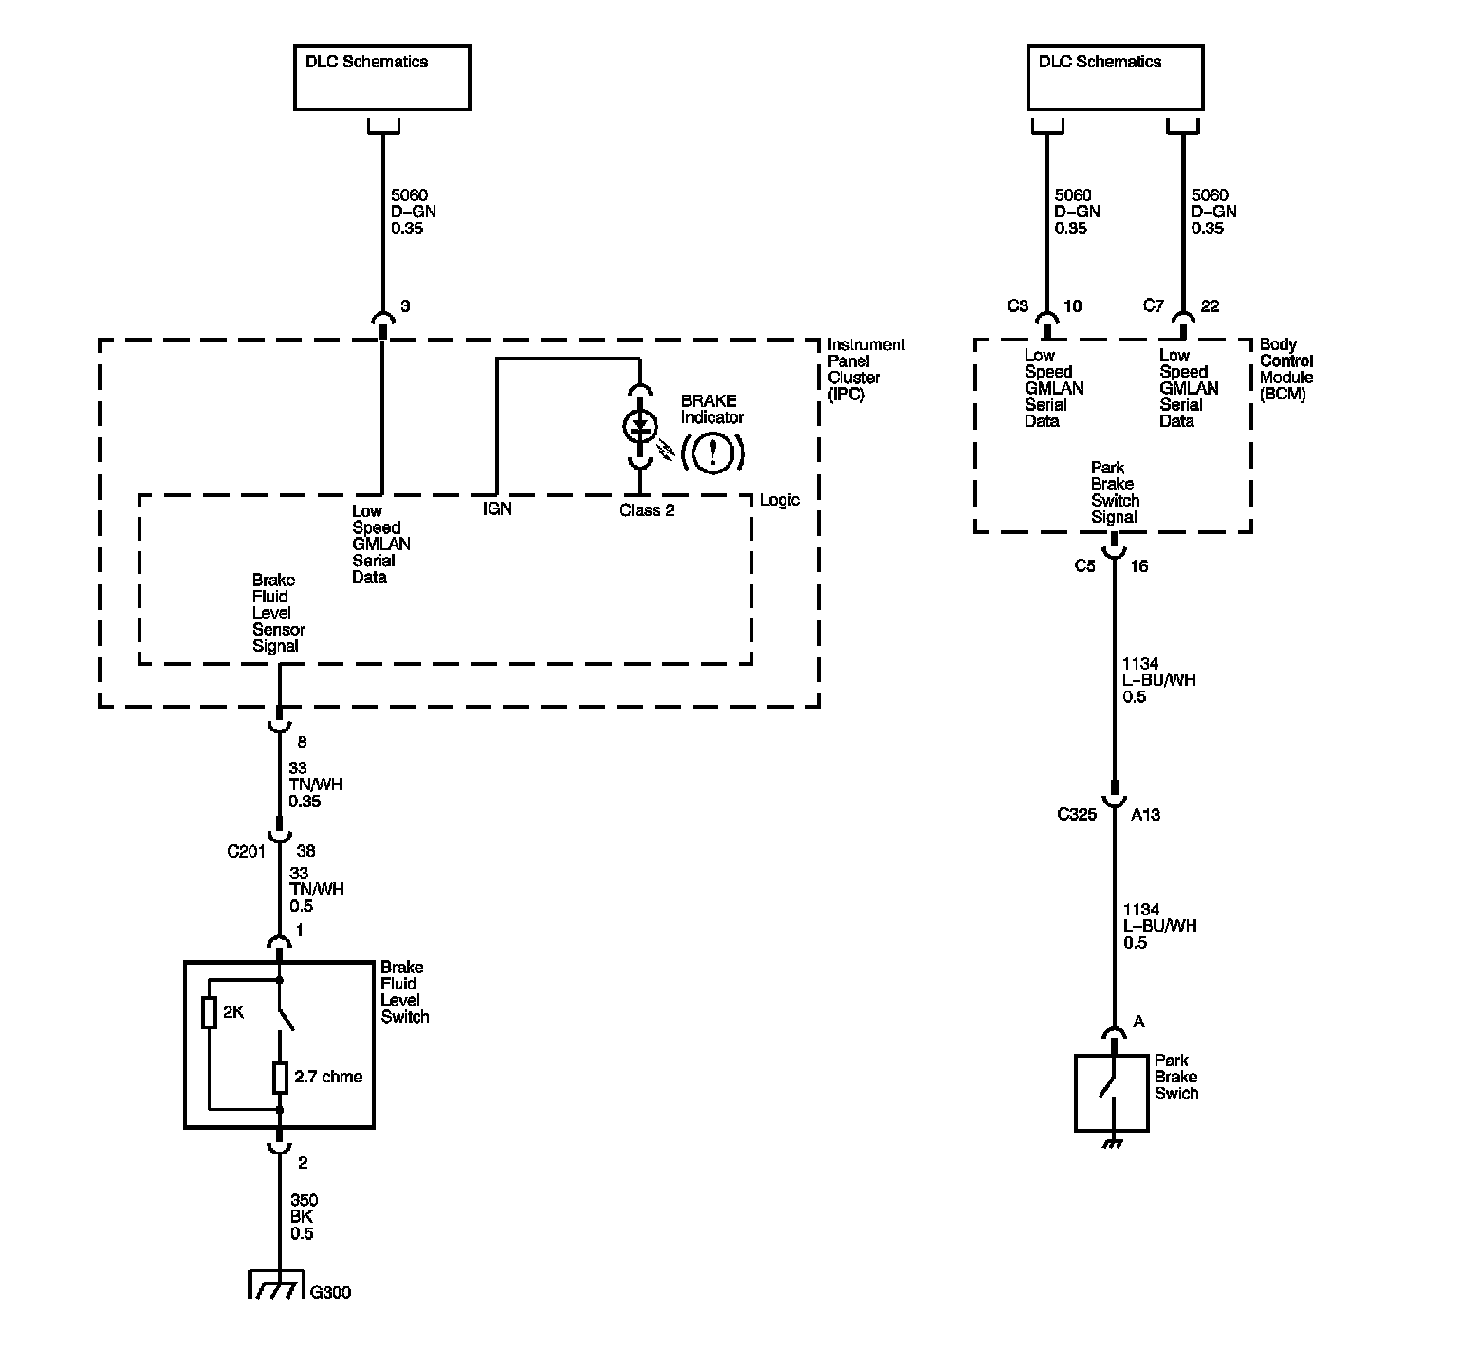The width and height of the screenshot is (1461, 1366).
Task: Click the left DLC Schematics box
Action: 381,77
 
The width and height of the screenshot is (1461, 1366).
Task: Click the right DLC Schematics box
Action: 1115,77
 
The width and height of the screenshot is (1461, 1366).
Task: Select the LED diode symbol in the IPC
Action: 640,427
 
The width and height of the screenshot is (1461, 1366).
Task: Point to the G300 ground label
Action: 331,1292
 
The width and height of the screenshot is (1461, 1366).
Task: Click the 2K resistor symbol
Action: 210,1013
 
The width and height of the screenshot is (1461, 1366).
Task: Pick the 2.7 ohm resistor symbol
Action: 280,1078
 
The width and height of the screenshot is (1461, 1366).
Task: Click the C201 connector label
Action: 246,851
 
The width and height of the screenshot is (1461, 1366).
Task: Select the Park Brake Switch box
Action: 1111,1093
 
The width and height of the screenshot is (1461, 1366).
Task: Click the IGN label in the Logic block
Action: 497,509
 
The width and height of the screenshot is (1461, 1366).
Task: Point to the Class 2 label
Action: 646,510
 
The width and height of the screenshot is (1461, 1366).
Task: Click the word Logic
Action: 780,500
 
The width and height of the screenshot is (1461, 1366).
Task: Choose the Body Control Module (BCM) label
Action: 1286,369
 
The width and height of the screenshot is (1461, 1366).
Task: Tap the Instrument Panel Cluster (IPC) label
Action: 865,369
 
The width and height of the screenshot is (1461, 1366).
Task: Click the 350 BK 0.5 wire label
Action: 304,1217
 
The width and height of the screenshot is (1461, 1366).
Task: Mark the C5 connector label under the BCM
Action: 1084,566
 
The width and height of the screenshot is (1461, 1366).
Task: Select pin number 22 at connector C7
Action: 1210,306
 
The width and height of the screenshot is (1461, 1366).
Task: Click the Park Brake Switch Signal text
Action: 1115,492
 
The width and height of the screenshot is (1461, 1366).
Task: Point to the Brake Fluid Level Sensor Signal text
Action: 278,613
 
